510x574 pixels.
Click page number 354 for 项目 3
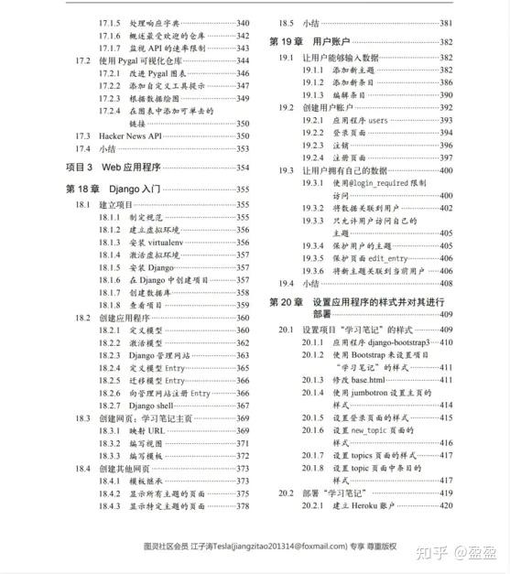click(x=243, y=168)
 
